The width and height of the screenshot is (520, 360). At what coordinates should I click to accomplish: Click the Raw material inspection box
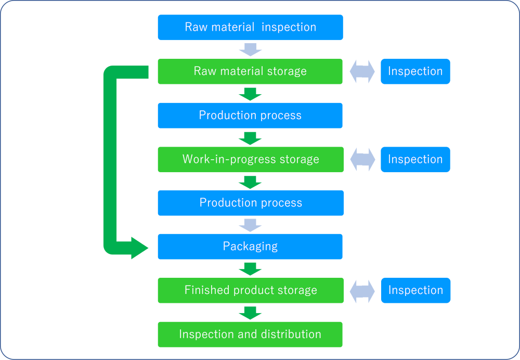click(250, 27)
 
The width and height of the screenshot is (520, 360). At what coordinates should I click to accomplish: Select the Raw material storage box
click(250, 71)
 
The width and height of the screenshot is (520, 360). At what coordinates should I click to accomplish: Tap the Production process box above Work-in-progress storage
click(250, 115)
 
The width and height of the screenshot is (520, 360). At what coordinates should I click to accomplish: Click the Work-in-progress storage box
click(250, 159)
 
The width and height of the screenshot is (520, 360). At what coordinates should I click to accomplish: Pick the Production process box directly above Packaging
click(250, 203)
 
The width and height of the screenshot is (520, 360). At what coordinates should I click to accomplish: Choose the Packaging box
click(250, 247)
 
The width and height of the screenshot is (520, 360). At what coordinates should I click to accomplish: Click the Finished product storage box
click(250, 290)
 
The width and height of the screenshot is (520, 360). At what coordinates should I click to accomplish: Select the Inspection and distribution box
click(250, 334)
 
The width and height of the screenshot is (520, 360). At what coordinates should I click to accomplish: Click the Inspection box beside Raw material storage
click(415, 71)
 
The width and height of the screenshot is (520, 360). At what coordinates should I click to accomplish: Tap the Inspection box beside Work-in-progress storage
click(415, 159)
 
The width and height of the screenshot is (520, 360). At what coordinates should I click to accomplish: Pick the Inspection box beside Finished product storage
click(415, 290)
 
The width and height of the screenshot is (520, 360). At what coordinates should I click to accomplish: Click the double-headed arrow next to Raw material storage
click(362, 71)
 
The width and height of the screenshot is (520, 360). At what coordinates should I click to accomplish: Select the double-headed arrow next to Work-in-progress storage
click(362, 159)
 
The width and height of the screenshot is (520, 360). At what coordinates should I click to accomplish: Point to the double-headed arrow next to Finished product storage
click(362, 291)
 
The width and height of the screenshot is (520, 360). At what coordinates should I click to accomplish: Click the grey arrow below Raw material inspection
click(250, 49)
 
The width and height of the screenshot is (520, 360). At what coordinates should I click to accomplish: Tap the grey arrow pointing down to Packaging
click(250, 225)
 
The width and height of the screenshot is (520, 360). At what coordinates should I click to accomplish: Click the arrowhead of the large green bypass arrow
click(139, 248)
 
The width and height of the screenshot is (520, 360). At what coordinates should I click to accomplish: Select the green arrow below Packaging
click(250, 268)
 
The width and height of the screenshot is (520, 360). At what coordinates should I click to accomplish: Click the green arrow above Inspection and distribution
click(250, 312)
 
